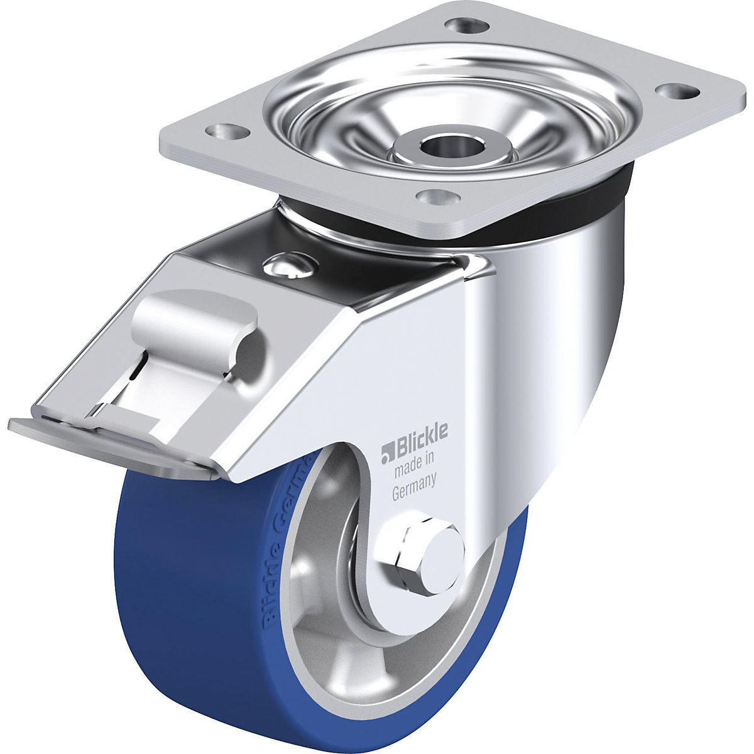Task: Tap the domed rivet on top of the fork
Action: [285, 265]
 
